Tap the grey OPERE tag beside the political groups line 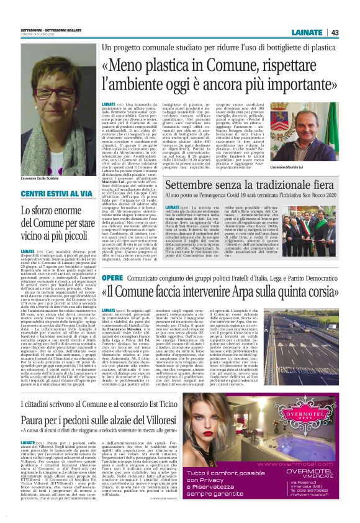pyautogui.click(x=112, y=277)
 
